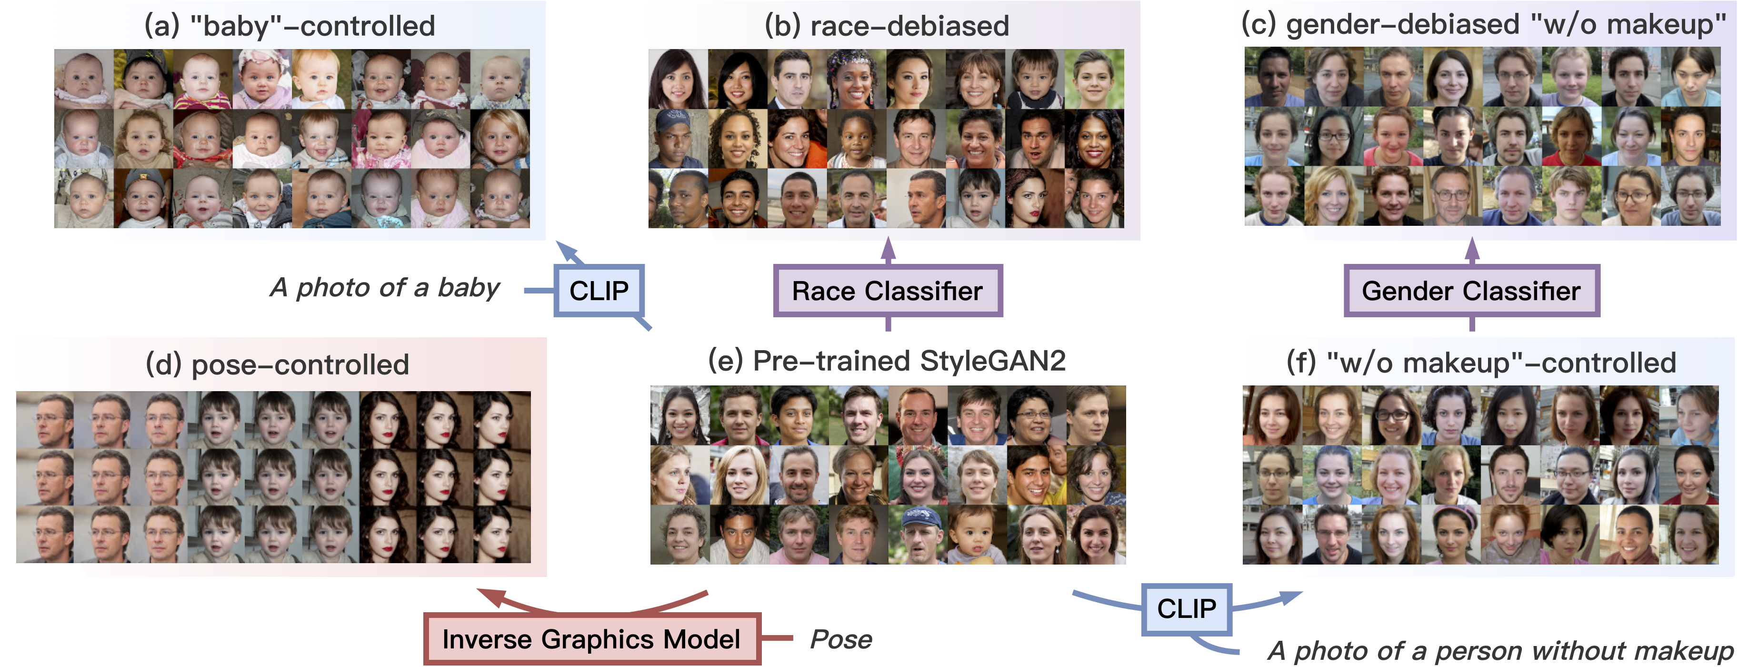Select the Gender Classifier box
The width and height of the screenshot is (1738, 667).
click(x=1471, y=291)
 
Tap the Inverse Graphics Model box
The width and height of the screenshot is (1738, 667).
click(x=592, y=638)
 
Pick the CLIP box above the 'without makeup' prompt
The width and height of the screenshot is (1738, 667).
click(x=1186, y=609)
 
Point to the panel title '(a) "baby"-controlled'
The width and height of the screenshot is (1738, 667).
click(x=290, y=26)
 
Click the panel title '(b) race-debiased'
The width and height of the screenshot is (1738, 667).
click(x=887, y=26)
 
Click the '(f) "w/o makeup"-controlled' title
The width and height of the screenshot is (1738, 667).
click(x=1481, y=363)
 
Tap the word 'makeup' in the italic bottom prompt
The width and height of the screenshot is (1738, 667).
click(x=1693, y=651)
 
